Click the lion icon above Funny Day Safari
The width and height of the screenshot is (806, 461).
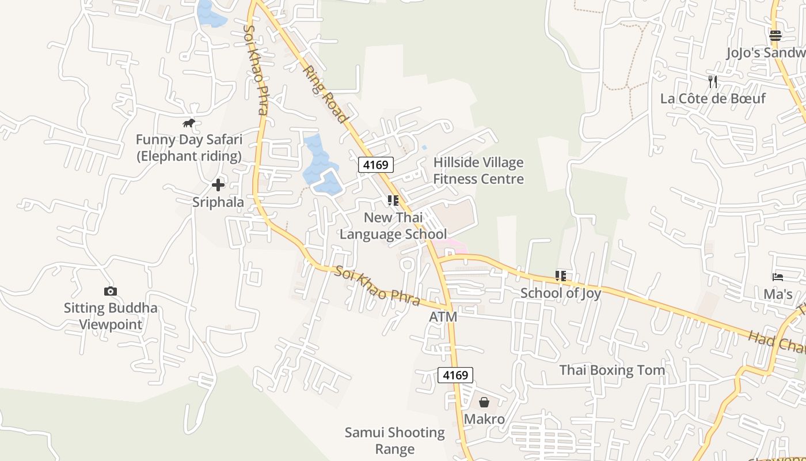pos(189,123)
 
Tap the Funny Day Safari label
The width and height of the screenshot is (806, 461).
pos(189,148)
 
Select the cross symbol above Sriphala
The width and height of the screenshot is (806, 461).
pos(218,185)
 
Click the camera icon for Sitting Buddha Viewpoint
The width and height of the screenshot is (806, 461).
pos(110,291)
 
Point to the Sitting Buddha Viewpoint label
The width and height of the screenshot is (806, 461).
pos(111,316)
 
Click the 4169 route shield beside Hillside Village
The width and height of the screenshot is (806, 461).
pos(376,165)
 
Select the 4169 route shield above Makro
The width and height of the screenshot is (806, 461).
pos(455,375)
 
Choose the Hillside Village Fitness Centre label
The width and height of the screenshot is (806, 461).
pos(478,171)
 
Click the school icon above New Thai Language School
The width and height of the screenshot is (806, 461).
pos(393,201)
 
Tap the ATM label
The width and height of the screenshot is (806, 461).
pos(443,317)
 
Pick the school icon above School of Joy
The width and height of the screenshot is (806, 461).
pos(561,276)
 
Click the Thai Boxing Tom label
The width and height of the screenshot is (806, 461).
pos(612,370)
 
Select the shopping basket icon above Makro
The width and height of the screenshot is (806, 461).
pos(484,402)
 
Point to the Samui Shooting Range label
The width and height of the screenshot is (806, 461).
pos(395,440)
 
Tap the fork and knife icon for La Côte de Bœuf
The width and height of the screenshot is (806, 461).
pos(713,81)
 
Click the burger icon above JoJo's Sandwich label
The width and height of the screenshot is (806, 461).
pos(775,36)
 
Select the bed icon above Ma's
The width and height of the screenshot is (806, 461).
pos(778,277)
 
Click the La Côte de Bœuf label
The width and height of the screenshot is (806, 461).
pos(713,99)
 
